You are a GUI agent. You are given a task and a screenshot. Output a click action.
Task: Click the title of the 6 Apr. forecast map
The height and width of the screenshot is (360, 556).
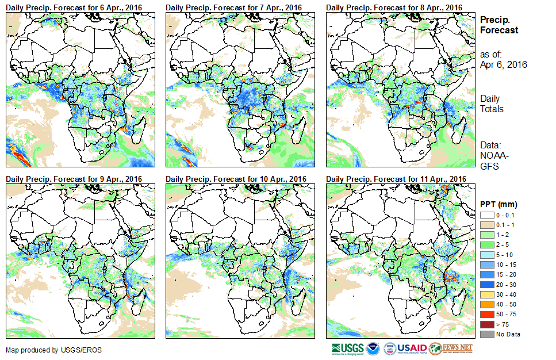pyautogui.click(x=74, y=7)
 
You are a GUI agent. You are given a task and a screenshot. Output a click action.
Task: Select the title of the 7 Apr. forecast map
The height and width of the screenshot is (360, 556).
pyautogui.click(x=234, y=7)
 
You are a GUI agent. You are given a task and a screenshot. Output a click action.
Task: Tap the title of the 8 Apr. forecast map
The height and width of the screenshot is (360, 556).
pyautogui.click(x=394, y=7)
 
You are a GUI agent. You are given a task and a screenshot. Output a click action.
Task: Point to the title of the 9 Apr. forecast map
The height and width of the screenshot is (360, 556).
pyautogui.click(x=74, y=179)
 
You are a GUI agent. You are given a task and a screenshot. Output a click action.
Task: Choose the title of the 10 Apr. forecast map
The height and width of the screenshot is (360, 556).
pyautogui.click(x=236, y=179)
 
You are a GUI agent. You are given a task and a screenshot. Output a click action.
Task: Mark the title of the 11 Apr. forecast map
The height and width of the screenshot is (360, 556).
pyautogui.click(x=396, y=179)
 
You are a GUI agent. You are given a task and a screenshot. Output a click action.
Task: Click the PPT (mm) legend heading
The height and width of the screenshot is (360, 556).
pyautogui.click(x=499, y=204)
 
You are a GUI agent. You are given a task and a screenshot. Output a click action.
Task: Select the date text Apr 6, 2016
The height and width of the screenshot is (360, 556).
pyautogui.click(x=503, y=64)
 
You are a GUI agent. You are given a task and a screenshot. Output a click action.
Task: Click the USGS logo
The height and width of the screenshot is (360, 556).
pyautogui.click(x=348, y=348)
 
